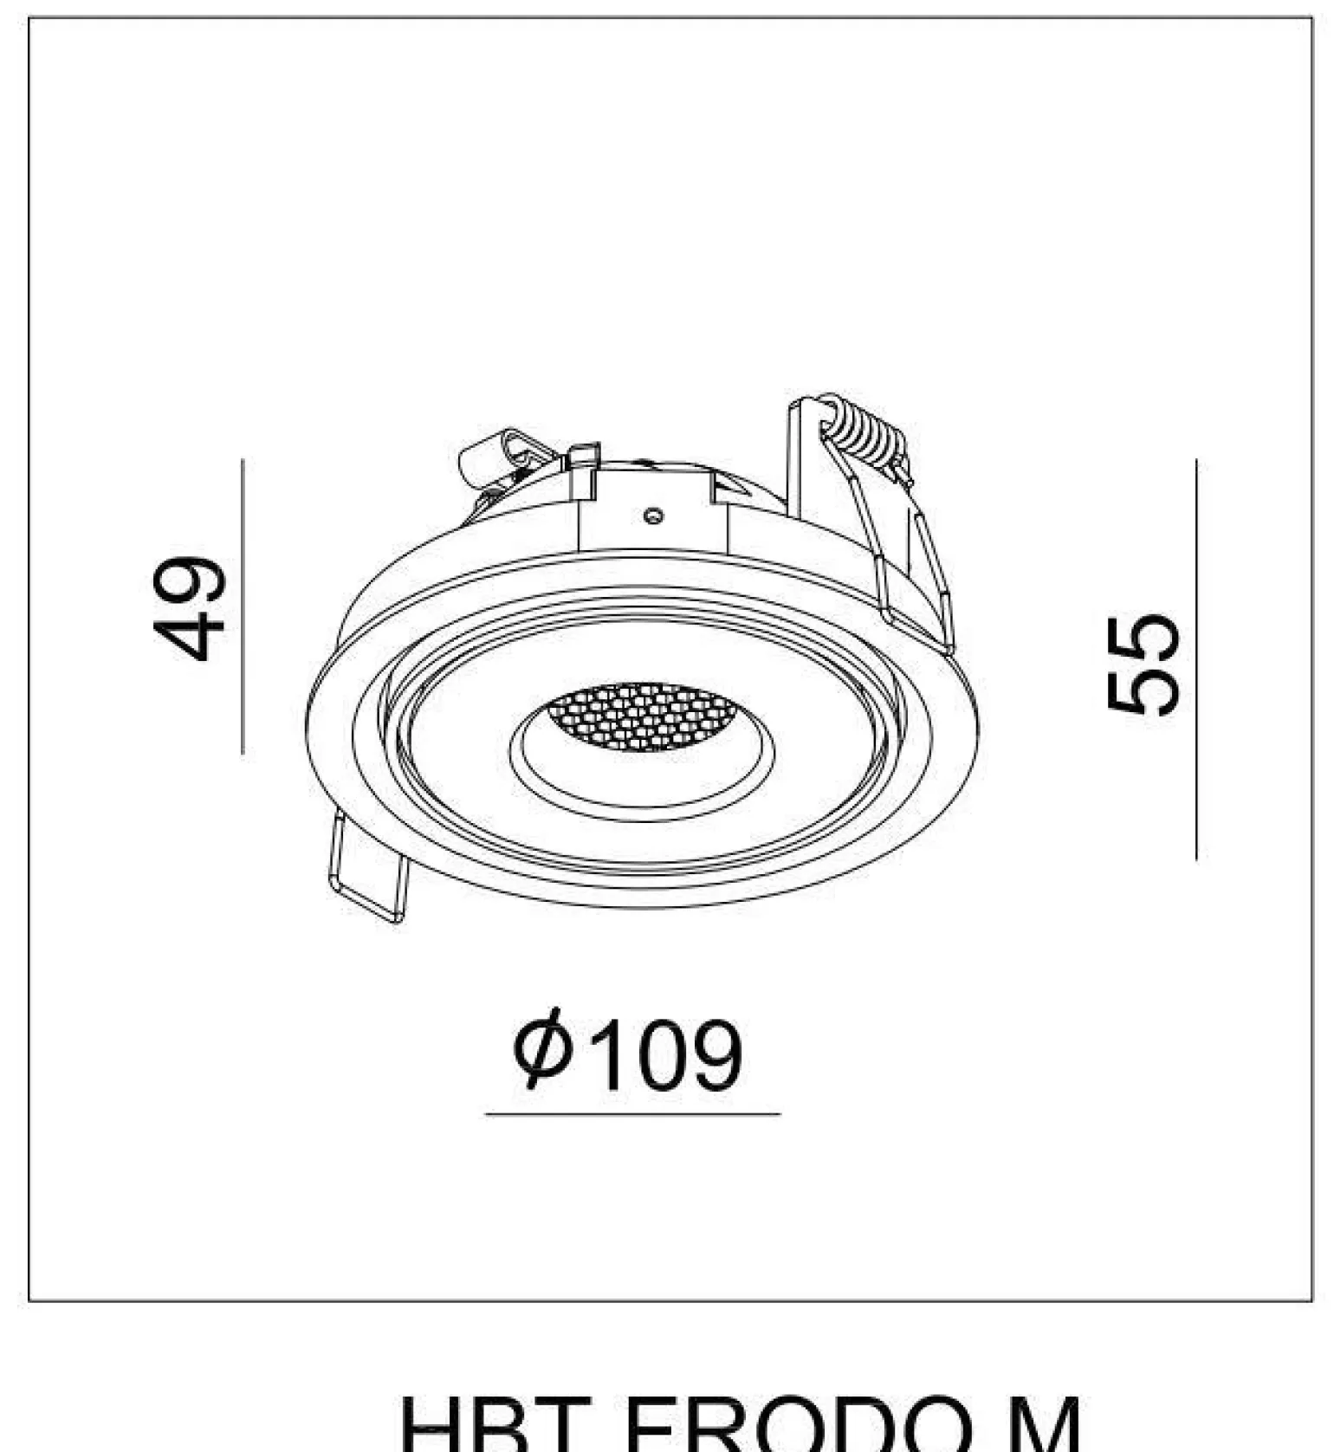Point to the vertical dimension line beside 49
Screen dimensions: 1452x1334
(x=243, y=606)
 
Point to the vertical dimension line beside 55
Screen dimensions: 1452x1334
(x=1196, y=658)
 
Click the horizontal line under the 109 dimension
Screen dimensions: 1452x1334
(x=632, y=1114)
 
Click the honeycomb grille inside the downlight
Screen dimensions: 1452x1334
(x=643, y=716)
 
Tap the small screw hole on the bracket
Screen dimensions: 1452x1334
(x=654, y=516)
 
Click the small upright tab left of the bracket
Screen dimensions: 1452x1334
(x=585, y=471)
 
